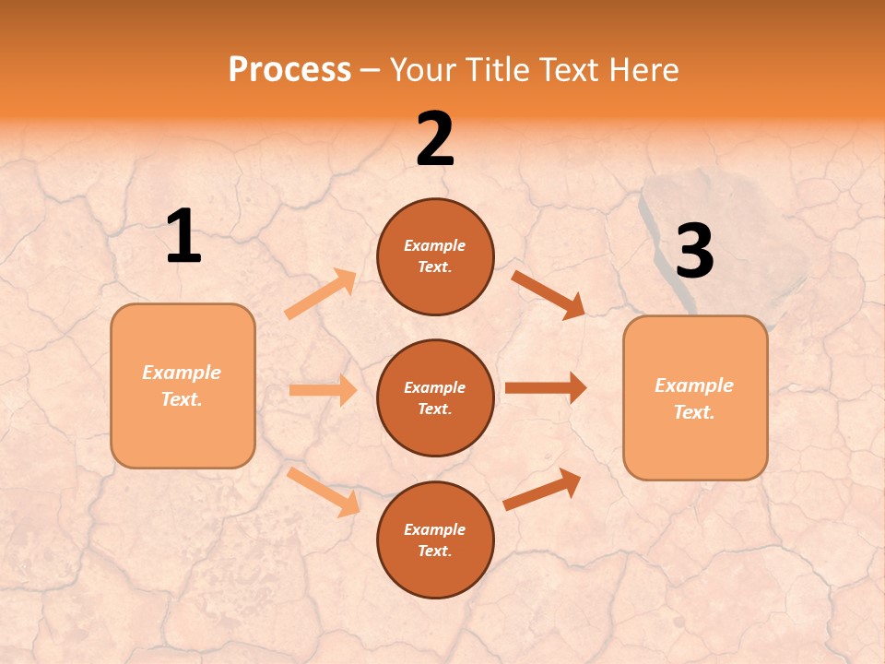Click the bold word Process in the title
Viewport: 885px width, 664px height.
click(289, 70)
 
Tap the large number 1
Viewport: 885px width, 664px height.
click(183, 237)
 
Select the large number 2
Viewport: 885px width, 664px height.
click(435, 139)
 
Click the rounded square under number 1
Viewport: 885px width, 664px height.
click(183, 385)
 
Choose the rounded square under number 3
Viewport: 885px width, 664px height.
click(695, 397)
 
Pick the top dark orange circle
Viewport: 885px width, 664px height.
click(435, 256)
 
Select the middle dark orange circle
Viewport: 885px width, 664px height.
click(435, 397)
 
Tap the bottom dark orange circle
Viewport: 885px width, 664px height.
click(435, 539)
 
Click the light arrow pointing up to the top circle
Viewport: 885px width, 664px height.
click(320, 294)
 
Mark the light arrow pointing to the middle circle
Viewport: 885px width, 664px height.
click(323, 390)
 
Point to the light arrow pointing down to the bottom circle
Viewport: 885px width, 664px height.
click(323, 492)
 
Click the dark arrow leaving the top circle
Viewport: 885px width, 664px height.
click(548, 294)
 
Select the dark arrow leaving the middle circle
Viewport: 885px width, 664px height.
click(545, 388)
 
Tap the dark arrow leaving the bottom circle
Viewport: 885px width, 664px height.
click(542, 489)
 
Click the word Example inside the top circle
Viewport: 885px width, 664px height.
click(434, 245)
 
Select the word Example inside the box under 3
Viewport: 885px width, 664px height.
click(693, 385)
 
